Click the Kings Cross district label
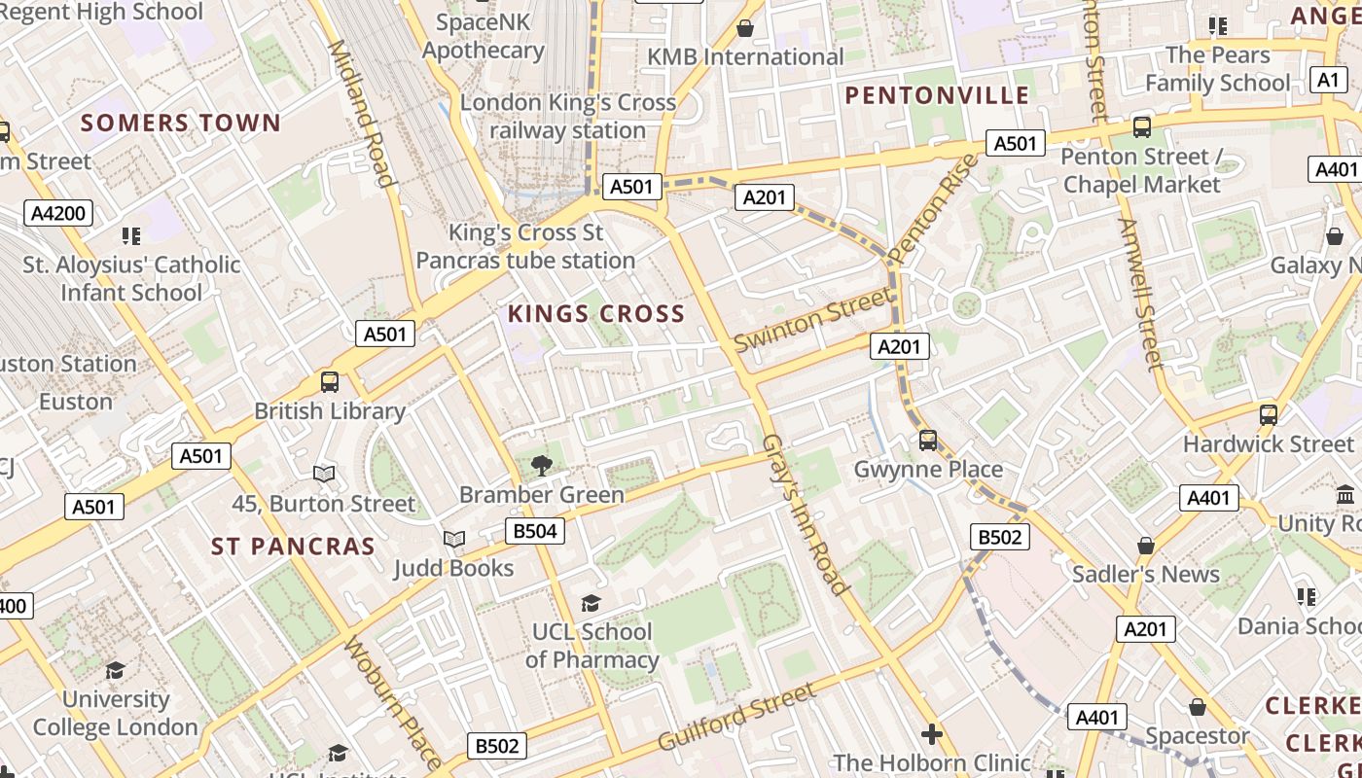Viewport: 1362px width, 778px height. (596, 314)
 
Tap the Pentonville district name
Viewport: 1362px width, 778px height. (937, 95)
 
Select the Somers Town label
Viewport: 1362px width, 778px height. (181, 124)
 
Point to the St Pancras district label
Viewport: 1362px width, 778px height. (293, 547)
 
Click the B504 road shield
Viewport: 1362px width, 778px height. (534, 531)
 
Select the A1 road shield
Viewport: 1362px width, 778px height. (1328, 80)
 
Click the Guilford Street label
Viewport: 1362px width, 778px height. (736, 717)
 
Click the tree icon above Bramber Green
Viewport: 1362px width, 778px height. (542, 466)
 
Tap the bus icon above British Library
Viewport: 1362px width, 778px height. (330, 382)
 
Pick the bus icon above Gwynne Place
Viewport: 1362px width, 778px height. (928, 441)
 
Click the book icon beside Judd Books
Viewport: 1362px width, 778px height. (453, 539)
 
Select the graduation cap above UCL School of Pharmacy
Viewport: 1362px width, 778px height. (591, 604)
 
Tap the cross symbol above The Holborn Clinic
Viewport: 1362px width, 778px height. (932, 733)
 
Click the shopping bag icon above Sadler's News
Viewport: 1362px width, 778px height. (1146, 547)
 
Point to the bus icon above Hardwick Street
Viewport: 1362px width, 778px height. (1268, 415)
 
